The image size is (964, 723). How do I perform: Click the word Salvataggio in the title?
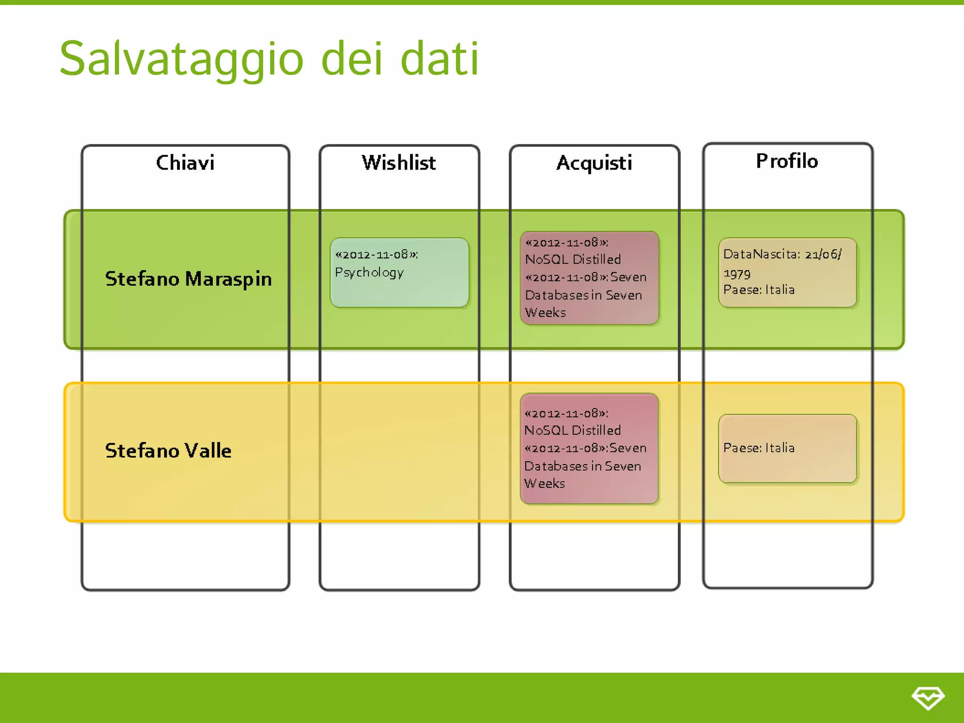tap(181, 59)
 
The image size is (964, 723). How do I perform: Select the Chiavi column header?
tap(185, 163)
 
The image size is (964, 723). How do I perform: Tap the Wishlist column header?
tap(399, 163)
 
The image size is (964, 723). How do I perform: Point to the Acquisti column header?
tap(594, 163)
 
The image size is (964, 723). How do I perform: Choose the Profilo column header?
tap(787, 161)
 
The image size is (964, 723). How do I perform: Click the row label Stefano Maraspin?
tap(188, 279)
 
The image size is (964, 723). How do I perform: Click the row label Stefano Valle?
tap(168, 451)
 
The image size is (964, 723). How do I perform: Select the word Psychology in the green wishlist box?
tap(370, 273)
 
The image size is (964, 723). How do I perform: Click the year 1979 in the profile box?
tap(737, 274)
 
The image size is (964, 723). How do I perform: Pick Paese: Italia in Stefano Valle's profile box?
tap(759, 448)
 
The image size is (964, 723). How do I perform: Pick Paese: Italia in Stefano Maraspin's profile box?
tap(759, 289)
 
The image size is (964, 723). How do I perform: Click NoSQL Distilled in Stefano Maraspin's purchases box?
tap(573, 259)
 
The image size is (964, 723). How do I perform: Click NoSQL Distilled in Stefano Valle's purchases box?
tap(572, 430)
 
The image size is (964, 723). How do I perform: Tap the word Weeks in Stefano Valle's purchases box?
tap(545, 483)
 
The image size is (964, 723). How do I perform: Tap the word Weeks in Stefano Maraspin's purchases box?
tap(546, 313)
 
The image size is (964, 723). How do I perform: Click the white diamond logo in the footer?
tap(928, 698)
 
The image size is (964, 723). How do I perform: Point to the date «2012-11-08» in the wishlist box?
tap(376, 255)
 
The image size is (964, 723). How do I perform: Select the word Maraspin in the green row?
tap(228, 279)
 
